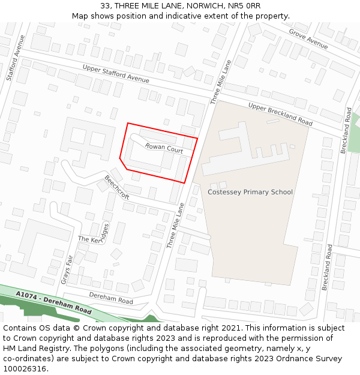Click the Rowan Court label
pyautogui.click(x=164, y=148)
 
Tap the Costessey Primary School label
pyautogui.click(x=250, y=192)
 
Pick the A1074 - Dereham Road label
pyautogui.click(x=54, y=304)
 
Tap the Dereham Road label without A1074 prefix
pyautogui.click(x=111, y=296)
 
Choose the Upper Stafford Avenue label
pyautogui.click(x=116, y=74)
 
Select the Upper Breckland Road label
pyautogui.click(x=280, y=113)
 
